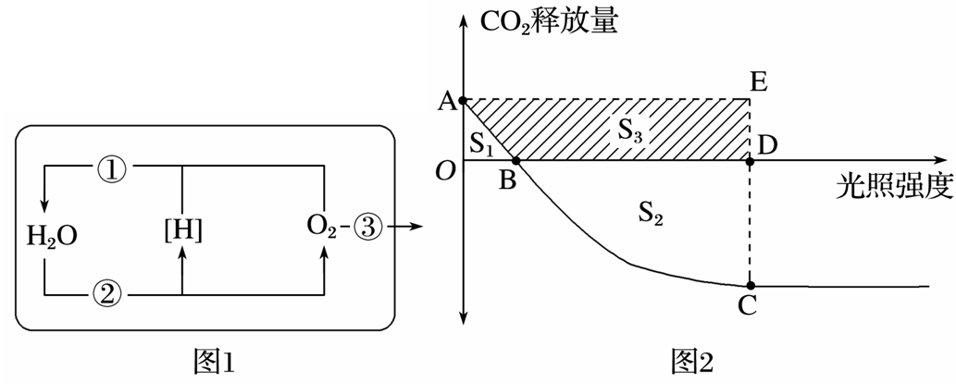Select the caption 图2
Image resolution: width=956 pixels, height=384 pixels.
[691, 362]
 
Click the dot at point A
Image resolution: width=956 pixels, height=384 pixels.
[465, 99]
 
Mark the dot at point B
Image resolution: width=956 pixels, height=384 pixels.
[515, 160]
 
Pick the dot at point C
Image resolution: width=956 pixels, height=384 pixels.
[751, 285]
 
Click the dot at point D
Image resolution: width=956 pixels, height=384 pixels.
[751, 160]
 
